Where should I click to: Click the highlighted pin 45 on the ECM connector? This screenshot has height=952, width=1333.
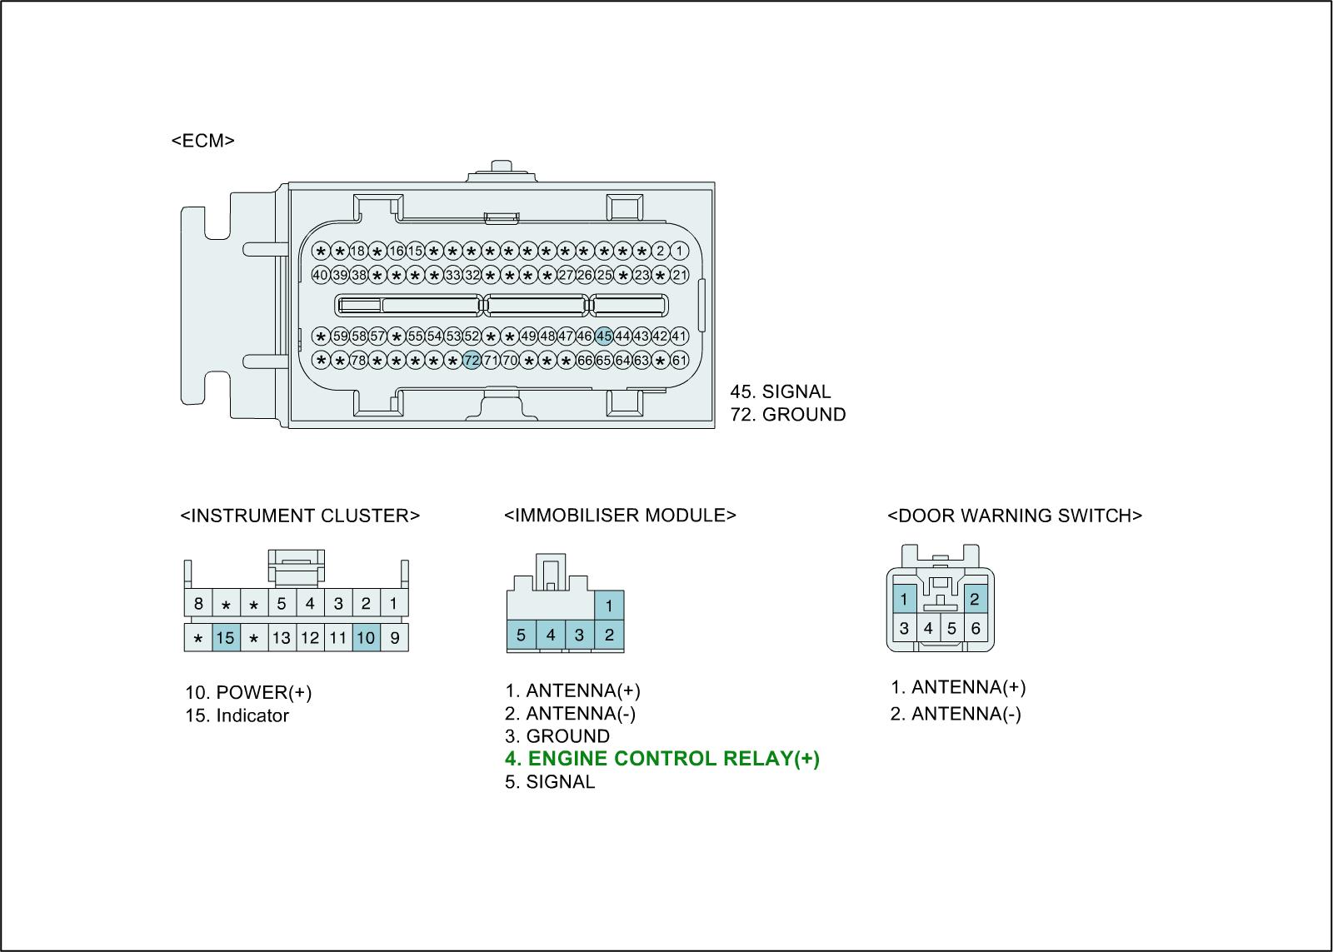click(x=604, y=336)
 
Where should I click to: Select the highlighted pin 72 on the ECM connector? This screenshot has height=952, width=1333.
click(x=472, y=361)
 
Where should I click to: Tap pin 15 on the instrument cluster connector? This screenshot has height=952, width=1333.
click(x=225, y=638)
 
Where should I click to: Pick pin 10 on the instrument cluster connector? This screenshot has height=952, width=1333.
click(x=366, y=638)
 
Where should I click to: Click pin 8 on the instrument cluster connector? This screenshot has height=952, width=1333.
click(x=197, y=603)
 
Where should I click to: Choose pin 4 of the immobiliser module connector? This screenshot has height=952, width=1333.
click(x=551, y=635)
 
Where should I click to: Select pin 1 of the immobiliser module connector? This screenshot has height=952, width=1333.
click(x=609, y=606)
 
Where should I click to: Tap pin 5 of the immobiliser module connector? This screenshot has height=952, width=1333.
click(x=521, y=635)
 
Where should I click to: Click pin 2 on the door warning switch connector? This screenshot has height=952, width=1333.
click(x=974, y=599)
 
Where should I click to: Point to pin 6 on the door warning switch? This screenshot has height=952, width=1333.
click(x=976, y=629)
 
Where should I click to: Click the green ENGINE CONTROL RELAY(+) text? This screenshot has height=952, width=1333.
click(x=662, y=759)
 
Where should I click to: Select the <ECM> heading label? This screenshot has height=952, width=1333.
click(x=203, y=141)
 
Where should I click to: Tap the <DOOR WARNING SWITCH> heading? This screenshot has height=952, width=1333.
click(x=1015, y=516)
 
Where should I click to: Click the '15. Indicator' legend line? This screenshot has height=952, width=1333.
click(x=237, y=715)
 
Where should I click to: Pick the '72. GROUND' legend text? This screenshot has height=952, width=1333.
click(x=788, y=415)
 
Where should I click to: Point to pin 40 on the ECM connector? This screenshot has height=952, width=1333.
click(x=321, y=275)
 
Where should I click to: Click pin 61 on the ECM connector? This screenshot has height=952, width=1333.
click(x=680, y=361)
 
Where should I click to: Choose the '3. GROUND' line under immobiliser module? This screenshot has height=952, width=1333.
click(x=557, y=736)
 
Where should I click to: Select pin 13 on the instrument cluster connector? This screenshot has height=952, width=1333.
click(x=282, y=638)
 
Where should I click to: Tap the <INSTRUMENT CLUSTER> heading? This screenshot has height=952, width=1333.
click(x=300, y=516)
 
